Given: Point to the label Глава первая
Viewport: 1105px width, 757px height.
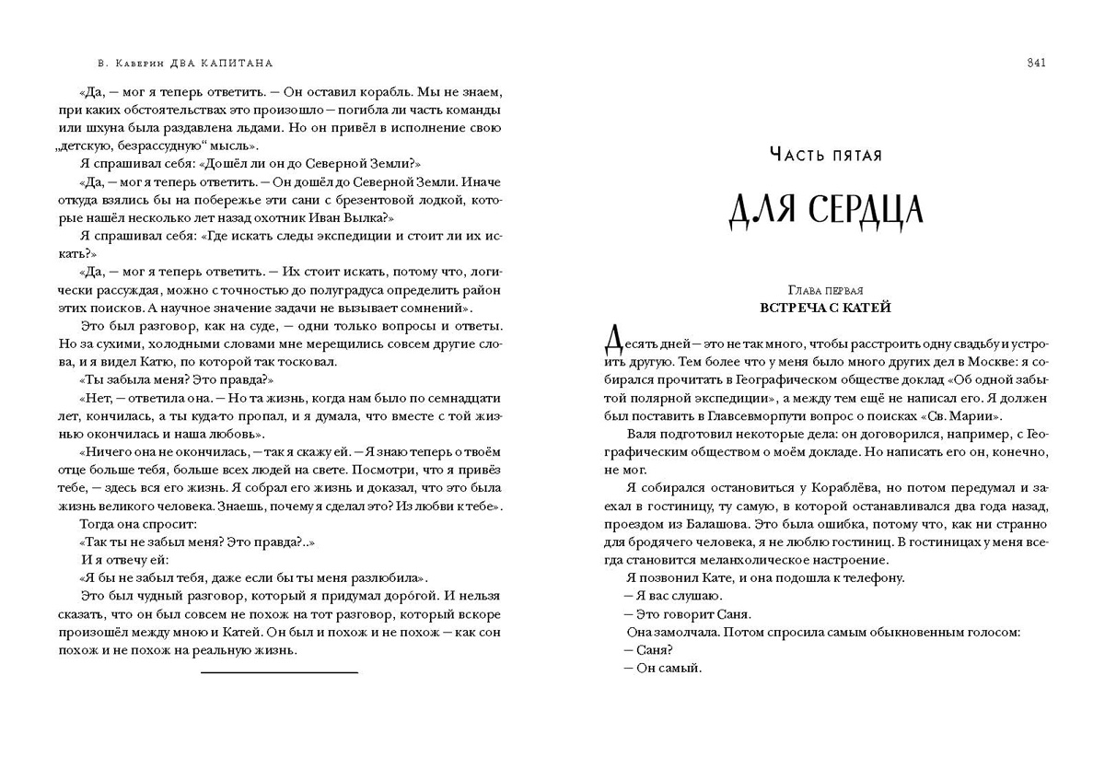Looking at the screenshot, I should [x=825, y=290].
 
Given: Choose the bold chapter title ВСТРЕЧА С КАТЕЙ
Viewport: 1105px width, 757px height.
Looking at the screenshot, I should [x=825, y=308].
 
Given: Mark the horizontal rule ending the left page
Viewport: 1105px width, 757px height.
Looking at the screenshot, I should [x=279, y=672].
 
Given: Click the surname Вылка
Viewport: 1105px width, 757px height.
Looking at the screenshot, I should [x=367, y=218].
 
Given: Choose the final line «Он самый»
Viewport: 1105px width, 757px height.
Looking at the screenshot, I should [x=662, y=668].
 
